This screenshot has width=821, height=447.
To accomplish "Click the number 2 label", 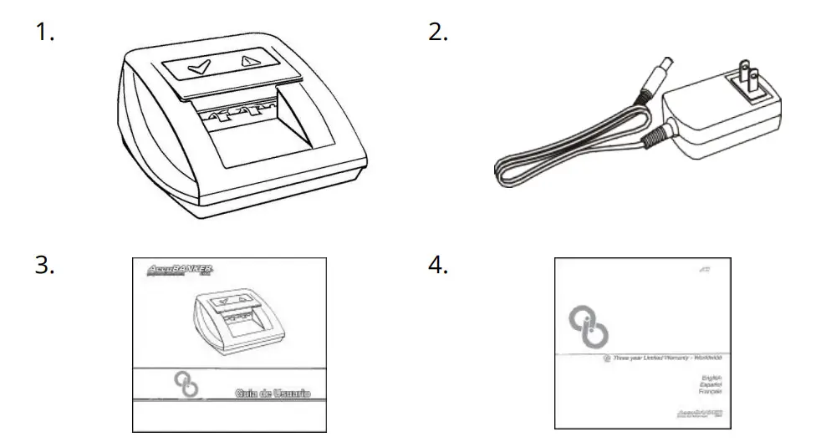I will tap(438, 34).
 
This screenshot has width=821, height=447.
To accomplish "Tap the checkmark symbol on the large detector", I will tap(199, 66).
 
